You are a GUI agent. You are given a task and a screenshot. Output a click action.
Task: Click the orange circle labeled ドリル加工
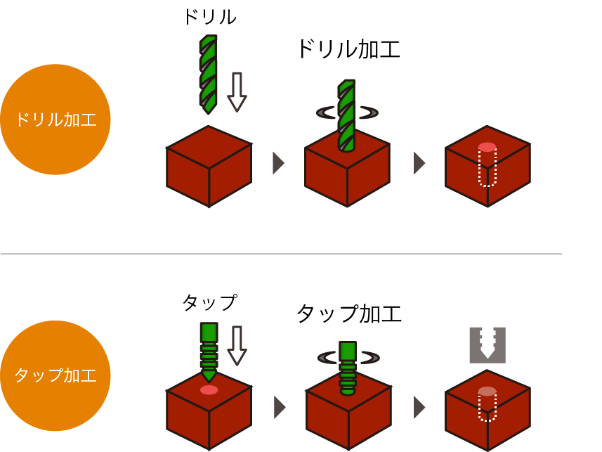click(55, 120)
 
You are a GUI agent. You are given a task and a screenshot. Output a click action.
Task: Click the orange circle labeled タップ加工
click(55, 375)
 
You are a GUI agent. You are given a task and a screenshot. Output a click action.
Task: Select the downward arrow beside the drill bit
click(237, 91)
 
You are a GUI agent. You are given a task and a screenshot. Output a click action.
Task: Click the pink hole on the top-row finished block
click(487, 147)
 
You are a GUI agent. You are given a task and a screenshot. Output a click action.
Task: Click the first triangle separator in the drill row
click(278, 163)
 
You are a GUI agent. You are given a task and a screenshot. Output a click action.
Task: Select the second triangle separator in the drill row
click(419, 163)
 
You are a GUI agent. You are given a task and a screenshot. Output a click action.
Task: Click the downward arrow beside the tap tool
click(237, 345)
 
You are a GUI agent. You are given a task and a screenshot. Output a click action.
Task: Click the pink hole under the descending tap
click(209, 390)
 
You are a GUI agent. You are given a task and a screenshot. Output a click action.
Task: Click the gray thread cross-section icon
click(488, 344)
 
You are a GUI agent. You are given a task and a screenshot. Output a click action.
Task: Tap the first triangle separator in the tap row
click(280, 407)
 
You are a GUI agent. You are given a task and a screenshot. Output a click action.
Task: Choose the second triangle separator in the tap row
click(419, 407)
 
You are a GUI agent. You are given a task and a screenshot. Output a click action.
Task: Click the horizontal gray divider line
click(281, 254)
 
